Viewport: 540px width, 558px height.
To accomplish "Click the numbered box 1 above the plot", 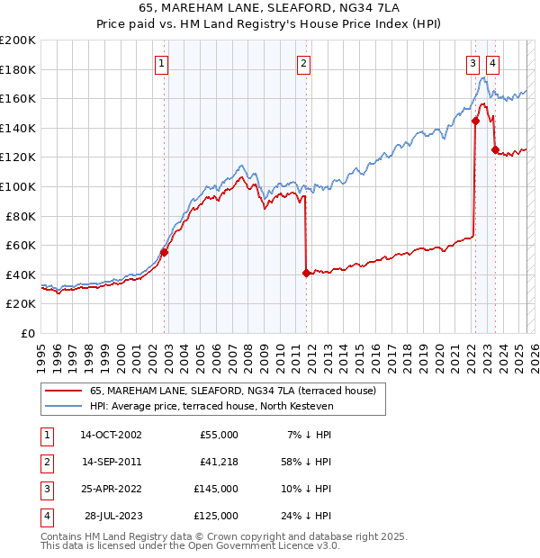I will tap(160, 63).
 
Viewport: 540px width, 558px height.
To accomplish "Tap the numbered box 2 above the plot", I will tap(304, 63).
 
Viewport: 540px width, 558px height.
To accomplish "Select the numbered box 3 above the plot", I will tap(472, 63).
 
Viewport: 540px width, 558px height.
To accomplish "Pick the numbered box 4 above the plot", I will tap(493, 63).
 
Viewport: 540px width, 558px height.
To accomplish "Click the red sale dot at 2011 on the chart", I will tap(306, 273).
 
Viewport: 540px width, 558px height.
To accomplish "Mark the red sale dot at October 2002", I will tap(165, 252).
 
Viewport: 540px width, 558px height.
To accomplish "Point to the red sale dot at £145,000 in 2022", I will tap(474, 121).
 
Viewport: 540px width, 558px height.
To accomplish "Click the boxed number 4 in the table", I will tap(47, 516).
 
